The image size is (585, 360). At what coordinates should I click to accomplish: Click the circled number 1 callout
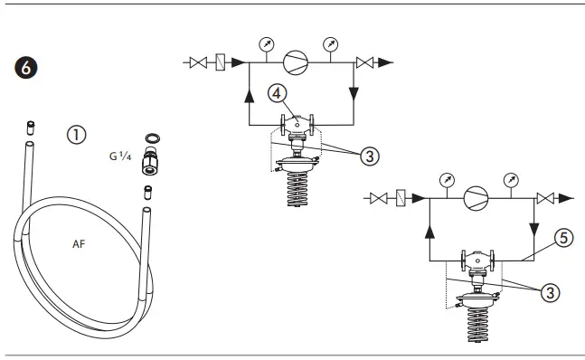tap(77, 134)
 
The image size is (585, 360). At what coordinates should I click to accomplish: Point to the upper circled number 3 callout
tap(368, 155)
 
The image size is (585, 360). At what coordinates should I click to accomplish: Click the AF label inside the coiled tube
tap(80, 244)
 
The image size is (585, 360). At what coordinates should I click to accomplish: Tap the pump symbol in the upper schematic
tap(296, 62)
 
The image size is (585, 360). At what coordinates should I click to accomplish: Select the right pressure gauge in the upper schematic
tap(332, 43)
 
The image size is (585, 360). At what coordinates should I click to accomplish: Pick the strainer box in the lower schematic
tap(401, 198)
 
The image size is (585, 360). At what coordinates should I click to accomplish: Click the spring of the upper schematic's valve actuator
tap(297, 189)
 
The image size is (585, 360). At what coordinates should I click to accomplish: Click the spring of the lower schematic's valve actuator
tap(477, 325)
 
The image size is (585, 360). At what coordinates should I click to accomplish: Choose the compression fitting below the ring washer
tap(148, 165)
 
